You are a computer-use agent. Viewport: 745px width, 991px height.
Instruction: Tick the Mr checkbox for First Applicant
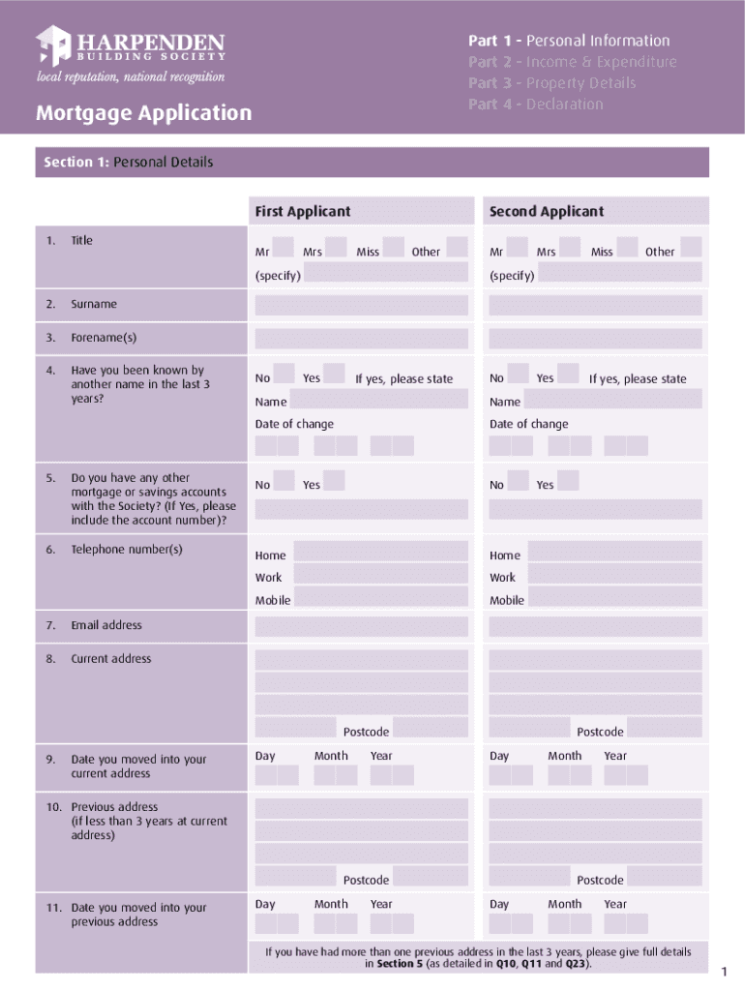tap(283, 248)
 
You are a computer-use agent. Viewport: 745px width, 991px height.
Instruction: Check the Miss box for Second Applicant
tap(627, 248)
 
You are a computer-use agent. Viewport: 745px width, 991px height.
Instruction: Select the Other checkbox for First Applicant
tap(457, 248)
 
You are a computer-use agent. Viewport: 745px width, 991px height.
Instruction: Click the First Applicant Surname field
tap(361, 306)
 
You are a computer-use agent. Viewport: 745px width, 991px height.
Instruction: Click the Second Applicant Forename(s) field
tap(595, 340)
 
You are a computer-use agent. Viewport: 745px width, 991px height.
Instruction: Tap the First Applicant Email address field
tap(361, 627)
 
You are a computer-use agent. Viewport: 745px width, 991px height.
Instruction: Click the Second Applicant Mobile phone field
tap(614, 599)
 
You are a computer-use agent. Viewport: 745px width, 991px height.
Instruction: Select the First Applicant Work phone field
tap(380, 576)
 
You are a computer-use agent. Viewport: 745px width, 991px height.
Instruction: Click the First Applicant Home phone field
tap(380, 553)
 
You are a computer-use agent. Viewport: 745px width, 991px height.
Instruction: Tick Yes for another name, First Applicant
tap(334, 375)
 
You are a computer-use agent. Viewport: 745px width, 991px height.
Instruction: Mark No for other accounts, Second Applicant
tap(518, 481)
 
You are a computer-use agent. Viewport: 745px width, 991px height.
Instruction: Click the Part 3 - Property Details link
tap(552, 83)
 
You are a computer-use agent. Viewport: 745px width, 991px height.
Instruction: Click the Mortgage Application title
tap(143, 113)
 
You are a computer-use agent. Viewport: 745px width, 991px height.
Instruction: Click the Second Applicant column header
tap(547, 212)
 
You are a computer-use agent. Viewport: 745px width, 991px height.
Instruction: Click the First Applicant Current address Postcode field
tap(431, 729)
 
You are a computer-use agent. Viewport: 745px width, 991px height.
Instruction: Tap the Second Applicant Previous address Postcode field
tap(665, 877)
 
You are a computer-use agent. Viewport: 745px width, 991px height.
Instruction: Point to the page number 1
tap(723, 972)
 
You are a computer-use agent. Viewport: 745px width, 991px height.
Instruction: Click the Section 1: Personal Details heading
tap(129, 163)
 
